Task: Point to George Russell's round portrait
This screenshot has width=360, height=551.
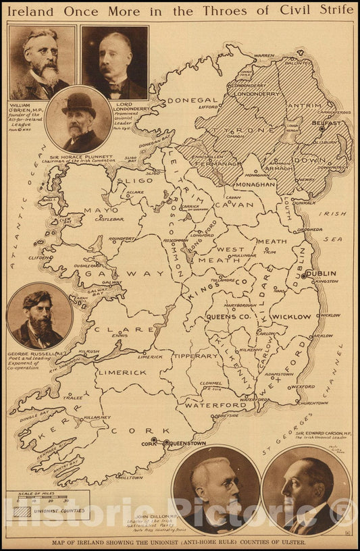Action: pos(39,315)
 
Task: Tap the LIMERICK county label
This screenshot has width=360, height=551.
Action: pos(122,372)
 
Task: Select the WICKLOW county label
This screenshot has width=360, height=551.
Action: pos(291,316)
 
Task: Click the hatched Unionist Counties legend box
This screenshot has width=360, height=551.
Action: pos(22,511)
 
